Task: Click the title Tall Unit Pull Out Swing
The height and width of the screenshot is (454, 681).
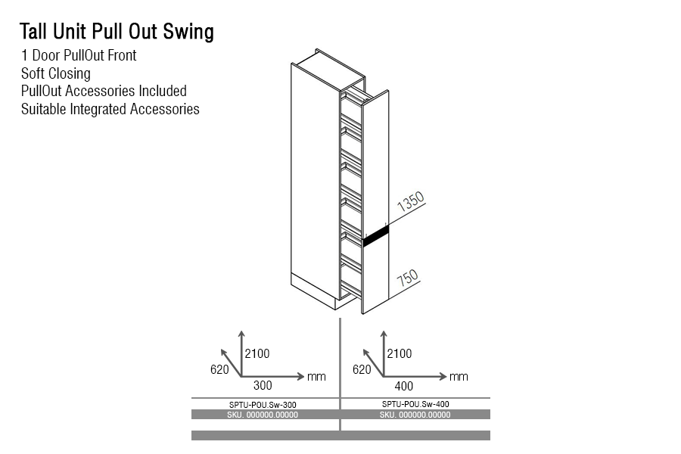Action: click(x=117, y=32)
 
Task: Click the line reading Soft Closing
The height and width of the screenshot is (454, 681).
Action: click(x=56, y=73)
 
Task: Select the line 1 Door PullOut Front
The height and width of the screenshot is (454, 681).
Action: click(x=79, y=55)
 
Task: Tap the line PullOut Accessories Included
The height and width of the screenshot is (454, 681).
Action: click(x=104, y=91)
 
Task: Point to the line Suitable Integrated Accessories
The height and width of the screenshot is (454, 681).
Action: click(x=110, y=109)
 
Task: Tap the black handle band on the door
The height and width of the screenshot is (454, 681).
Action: click(x=375, y=235)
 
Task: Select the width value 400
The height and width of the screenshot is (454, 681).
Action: click(x=406, y=386)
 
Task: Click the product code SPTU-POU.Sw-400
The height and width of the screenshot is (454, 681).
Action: click(x=415, y=404)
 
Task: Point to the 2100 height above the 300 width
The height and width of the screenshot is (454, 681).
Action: click(x=257, y=353)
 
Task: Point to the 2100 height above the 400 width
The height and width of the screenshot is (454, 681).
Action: click(x=400, y=353)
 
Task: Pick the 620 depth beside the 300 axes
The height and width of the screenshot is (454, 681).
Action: click(x=219, y=369)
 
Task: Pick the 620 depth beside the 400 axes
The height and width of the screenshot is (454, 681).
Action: click(x=362, y=369)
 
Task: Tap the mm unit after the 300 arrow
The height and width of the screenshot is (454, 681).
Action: click(x=316, y=376)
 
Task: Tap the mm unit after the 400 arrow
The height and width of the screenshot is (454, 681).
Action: click(x=459, y=376)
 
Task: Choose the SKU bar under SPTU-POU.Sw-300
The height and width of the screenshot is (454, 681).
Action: click(x=263, y=415)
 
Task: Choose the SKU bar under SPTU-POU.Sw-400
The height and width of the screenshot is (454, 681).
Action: click(x=415, y=415)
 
